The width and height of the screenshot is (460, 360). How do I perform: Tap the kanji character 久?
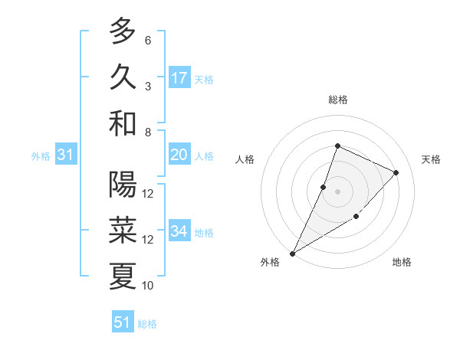(x=123, y=77)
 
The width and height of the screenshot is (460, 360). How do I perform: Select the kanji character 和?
(x=123, y=123)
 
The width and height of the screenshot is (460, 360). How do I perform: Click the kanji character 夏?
(x=123, y=277)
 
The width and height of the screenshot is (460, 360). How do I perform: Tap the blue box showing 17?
(x=179, y=77)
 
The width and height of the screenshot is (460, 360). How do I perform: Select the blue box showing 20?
(x=179, y=155)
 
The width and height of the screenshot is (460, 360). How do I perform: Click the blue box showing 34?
(x=179, y=231)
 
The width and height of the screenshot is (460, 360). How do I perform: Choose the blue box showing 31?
(x=65, y=155)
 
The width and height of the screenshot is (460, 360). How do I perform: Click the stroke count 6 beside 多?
(x=148, y=40)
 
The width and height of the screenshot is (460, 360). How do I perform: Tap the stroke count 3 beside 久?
(x=148, y=86)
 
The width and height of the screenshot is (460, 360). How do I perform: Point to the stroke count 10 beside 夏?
(x=148, y=286)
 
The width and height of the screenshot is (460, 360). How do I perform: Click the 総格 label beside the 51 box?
(x=147, y=324)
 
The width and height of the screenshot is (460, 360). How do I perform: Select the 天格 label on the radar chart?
(x=431, y=159)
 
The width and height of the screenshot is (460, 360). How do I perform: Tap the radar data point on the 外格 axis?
(x=292, y=253)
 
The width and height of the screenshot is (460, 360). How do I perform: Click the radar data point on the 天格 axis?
(x=396, y=172)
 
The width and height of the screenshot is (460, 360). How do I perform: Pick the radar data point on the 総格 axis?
(x=337, y=146)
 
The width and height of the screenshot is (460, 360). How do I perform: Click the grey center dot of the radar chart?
(x=337, y=191)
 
